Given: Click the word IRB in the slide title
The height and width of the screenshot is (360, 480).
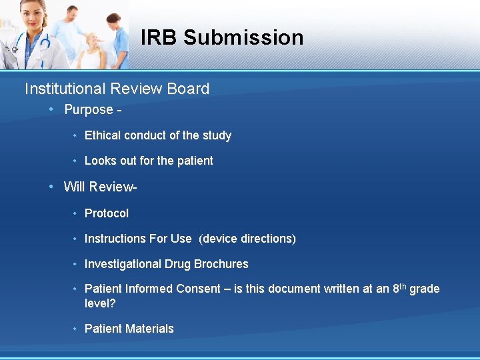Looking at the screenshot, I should pyautogui.click(x=159, y=37).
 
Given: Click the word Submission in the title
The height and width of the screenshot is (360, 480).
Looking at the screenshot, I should pyautogui.click(x=243, y=37).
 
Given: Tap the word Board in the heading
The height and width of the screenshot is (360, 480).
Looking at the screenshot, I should pyautogui.click(x=189, y=89).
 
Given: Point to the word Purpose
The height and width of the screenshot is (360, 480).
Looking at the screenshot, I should pyautogui.click(x=89, y=110).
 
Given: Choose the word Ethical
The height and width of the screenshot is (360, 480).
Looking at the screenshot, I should pyautogui.click(x=102, y=135).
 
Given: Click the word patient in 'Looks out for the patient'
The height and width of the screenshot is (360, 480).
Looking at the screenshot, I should pyautogui.click(x=195, y=161).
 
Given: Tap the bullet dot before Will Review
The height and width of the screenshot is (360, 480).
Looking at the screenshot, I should pyautogui.click(x=51, y=186).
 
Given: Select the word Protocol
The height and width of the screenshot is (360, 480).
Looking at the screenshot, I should pyautogui.click(x=107, y=213).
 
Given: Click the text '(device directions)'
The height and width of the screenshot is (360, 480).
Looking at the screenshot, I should pyautogui.click(x=247, y=239).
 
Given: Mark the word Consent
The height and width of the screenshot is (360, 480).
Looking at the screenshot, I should pyautogui.click(x=198, y=289).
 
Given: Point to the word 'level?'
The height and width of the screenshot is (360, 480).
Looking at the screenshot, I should pyautogui.click(x=101, y=303).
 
